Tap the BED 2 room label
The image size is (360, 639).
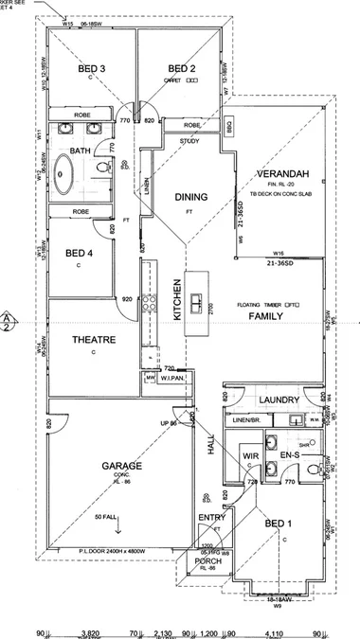181,68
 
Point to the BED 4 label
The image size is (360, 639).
79,253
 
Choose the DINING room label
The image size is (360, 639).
190,197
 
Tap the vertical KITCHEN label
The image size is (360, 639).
176,302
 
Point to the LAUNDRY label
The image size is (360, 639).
279,400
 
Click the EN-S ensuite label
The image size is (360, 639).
290,456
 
